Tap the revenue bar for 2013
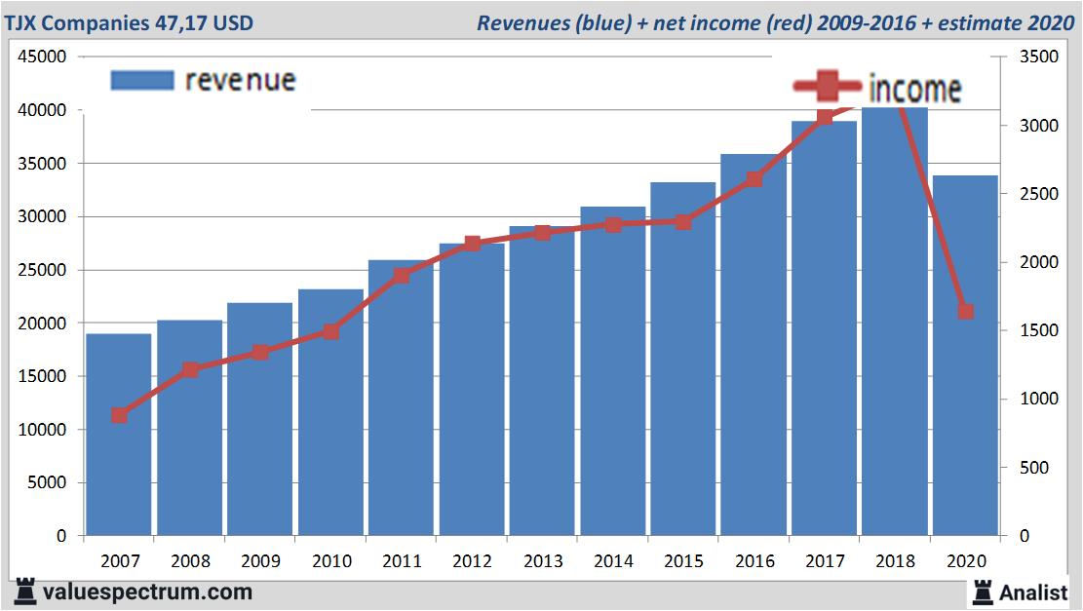pos(542,381)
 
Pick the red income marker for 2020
pos(965,312)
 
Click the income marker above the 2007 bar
pos(119,415)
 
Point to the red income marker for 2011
pos(402,276)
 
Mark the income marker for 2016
pos(754,179)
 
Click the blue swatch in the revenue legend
pos(142,80)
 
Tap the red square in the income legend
pos(828,87)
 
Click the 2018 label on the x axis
pos(895,562)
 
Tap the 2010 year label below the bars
pos(330,562)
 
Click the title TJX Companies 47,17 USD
pos(130,22)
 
